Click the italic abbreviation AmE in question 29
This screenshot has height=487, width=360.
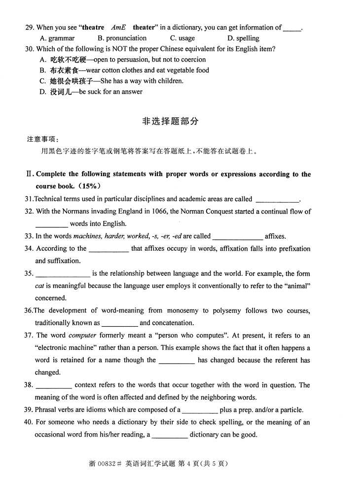pyautogui.click(x=118, y=28)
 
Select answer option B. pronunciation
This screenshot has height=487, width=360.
pyautogui.click(x=122, y=38)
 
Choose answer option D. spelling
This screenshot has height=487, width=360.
pyautogui.click(x=243, y=38)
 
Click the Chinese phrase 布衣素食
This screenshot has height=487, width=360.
pyautogui.click(x=61, y=70)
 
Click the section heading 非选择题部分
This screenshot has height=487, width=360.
pyautogui.click(x=170, y=121)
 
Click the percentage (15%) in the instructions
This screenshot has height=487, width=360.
pyautogui.click(x=88, y=186)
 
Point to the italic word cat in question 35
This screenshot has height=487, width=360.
pyautogui.click(x=39, y=286)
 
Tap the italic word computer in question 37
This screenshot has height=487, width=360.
pyautogui.click(x=82, y=336)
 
